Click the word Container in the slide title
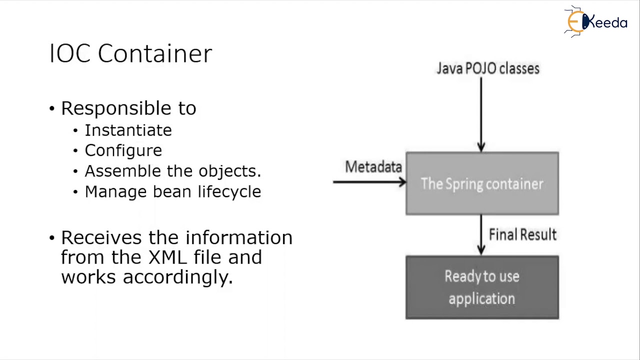pyautogui.click(x=155, y=53)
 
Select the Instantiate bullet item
pyautogui.click(x=128, y=130)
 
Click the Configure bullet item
pyautogui.click(x=123, y=150)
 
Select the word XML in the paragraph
pyautogui.click(x=167, y=257)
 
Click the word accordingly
pyautogui.click(x=177, y=277)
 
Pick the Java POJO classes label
pyautogui.click(x=488, y=68)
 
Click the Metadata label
pyautogui.click(x=373, y=167)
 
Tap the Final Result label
pyautogui.click(x=522, y=235)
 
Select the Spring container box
pyautogui.click(x=482, y=183)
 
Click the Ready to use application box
pyautogui.click(x=482, y=287)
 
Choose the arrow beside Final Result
pyautogui.click(x=481, y=235)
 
